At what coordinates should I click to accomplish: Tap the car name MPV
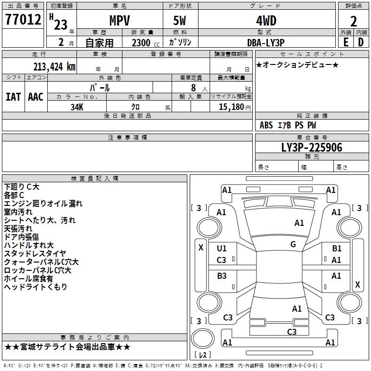(x=119, y=20)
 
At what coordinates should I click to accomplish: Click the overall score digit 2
(x=353, y=21)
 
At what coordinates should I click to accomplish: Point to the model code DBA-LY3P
(x=266, y=42)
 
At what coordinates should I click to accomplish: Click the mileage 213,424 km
(x=54, y=66)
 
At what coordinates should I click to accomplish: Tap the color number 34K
(x=77, y=106)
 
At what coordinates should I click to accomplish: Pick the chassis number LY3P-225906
(x=312, y=147)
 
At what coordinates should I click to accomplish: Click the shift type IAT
(x=13, y=96)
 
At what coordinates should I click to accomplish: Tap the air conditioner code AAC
(x=36, y=96)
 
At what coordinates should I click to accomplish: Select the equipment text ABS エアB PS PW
(x=288, y=125)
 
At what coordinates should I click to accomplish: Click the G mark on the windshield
(x=293, y=244)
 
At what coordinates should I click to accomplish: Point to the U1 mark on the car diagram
(x=222, y=249)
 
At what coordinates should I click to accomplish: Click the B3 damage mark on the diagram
(x=222, y=276)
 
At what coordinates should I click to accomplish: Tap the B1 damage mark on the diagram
(x=337, y=249)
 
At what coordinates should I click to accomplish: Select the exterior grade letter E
(x=346, y=42)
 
